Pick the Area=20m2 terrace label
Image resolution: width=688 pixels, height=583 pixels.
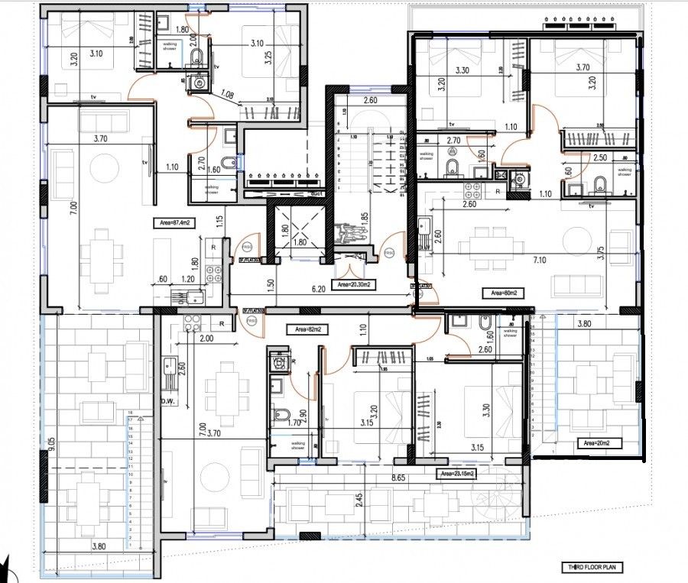600,442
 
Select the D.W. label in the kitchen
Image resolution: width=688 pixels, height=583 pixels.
168,400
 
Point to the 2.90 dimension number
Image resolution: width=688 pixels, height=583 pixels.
303,416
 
